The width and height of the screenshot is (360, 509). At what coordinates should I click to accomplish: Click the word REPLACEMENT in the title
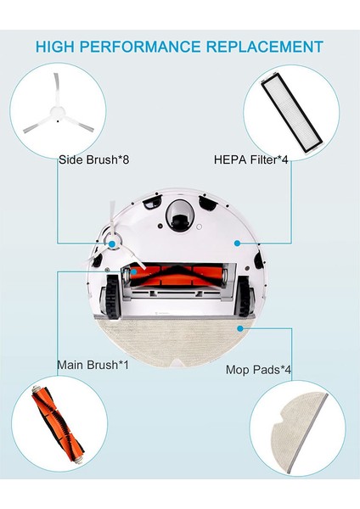(x=267, y=47)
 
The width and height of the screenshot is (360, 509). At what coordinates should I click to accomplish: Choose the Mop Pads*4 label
(x=260, y=370)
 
